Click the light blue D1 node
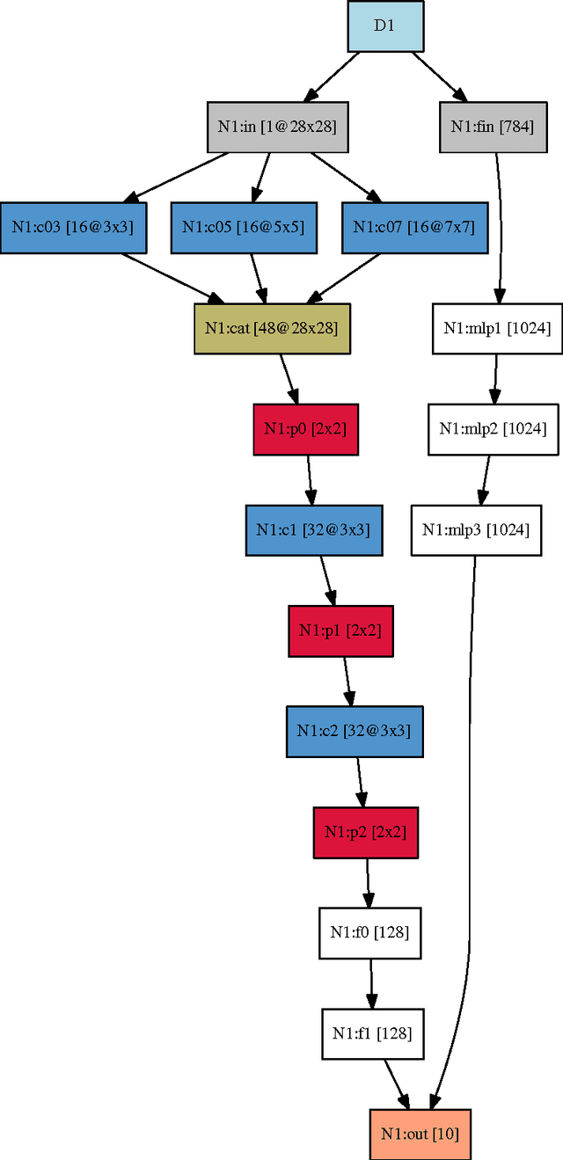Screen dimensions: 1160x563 (x=385, y=26)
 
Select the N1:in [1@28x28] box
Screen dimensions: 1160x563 (x=271, y=127)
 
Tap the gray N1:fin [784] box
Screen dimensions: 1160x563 (x=491, y=127)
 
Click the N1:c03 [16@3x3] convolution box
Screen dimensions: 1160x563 (x=72, y=227)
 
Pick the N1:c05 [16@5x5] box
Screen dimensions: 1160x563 (x=243, y=227)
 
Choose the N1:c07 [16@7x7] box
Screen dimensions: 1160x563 (x=413, y=227)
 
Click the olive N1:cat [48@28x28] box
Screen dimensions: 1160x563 (x=272, y=328)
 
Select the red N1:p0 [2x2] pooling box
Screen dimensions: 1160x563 (x=305, y=429)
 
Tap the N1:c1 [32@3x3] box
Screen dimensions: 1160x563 (x=313, y=530)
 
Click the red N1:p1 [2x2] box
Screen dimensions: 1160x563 (x=340, y=631)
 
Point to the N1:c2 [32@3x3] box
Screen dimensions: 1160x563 (x=355, y=731)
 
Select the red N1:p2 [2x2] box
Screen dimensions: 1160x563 (x=365, y=832)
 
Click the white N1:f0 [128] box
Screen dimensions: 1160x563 (x=369, y=932)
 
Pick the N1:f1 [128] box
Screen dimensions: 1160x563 (x=371, y=1033)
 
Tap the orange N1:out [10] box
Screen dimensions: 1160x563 (x=420, y=1134)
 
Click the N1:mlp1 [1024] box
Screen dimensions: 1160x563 (x=497, y=328)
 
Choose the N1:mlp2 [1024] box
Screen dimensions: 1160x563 (x=493, y=429)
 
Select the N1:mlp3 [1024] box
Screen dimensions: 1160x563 (x=476, y=530)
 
